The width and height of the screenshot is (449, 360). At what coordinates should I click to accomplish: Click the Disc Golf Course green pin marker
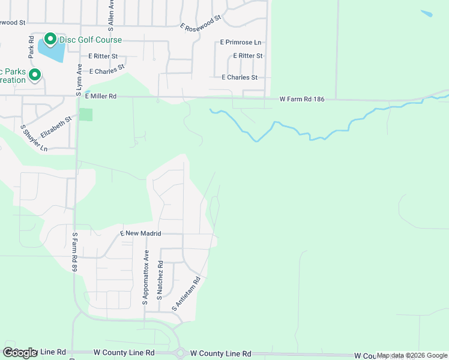50,40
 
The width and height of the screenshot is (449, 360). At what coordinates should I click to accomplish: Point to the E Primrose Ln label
241,43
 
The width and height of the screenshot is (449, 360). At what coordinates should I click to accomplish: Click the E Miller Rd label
101,96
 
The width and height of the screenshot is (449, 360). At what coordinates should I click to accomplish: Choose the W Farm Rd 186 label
302,99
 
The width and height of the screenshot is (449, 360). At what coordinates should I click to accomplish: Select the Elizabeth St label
56,127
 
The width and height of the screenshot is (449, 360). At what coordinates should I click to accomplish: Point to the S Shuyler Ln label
26,138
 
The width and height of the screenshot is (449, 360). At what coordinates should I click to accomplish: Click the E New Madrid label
142,233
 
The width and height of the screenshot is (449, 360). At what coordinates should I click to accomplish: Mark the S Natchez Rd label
160,280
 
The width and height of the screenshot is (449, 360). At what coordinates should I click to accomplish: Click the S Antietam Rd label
185,293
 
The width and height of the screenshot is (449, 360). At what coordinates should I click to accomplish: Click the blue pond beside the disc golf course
52,52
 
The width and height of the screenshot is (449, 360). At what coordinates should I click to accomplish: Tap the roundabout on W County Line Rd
179,353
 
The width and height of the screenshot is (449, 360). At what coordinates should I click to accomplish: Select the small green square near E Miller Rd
86,114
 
